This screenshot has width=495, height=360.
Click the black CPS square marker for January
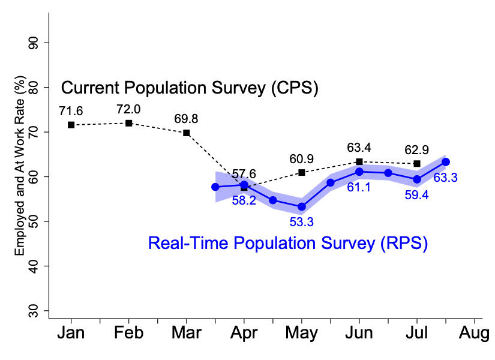point(71,125)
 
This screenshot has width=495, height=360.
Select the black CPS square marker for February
point(128,123)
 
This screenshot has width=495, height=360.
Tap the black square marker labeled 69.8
point(187,133)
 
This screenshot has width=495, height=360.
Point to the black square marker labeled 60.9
point(302,172)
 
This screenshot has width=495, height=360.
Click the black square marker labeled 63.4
point(359,161)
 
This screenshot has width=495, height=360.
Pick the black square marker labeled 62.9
point(416,164)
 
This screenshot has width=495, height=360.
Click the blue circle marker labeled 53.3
point(302,206)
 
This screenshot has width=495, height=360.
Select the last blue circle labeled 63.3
point(446,161)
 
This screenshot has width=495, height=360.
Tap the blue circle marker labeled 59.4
point(416,179)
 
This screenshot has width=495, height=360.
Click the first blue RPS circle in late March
point(215,187)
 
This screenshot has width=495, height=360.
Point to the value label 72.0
point(128,109)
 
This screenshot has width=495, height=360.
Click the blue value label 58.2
point(244,200)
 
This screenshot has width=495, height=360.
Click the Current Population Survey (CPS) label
point(190,88)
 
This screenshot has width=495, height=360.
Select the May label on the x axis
point(302,333)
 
